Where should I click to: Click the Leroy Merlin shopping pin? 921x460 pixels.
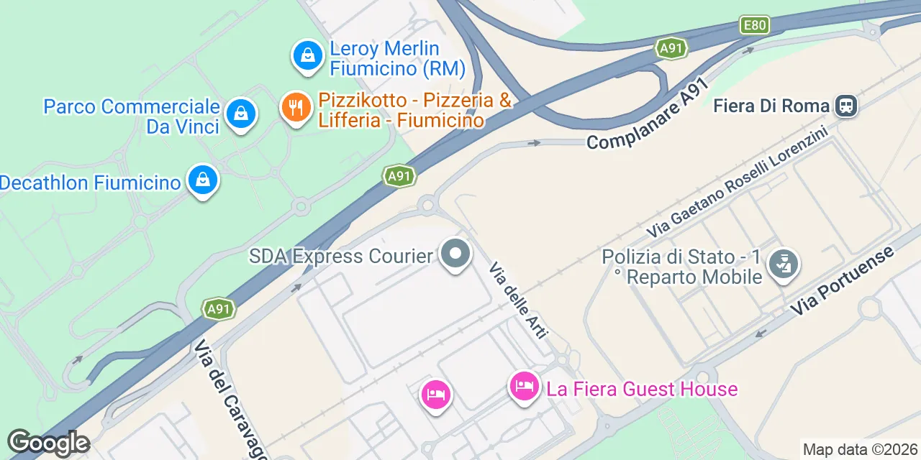307,55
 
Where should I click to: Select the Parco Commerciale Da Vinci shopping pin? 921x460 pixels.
240,114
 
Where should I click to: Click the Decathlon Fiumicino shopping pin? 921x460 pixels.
203,180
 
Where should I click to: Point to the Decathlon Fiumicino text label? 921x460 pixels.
90,183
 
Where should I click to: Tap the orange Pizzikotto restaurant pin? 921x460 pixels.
295,108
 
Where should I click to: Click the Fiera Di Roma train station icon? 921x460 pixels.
846,106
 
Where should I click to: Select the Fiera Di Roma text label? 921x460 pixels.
771,106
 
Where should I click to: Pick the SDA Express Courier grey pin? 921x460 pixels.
455,254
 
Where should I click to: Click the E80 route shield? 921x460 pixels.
755,26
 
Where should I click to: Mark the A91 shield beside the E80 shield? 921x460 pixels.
671,48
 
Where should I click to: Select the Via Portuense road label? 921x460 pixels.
843,281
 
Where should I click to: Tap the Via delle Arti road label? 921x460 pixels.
519,300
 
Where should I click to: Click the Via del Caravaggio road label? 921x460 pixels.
230,400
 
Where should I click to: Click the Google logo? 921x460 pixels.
48,443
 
